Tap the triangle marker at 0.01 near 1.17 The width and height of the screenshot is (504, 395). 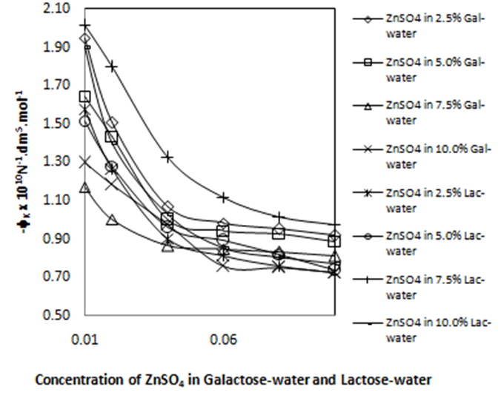pyautogui.click(x=85, y=188)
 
